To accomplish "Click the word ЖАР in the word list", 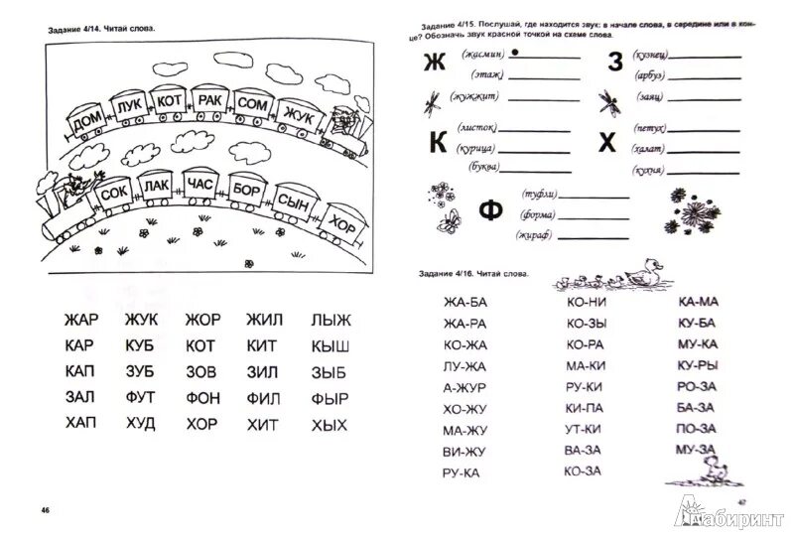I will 82,321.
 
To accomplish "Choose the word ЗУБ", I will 143,373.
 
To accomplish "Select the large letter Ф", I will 488,211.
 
